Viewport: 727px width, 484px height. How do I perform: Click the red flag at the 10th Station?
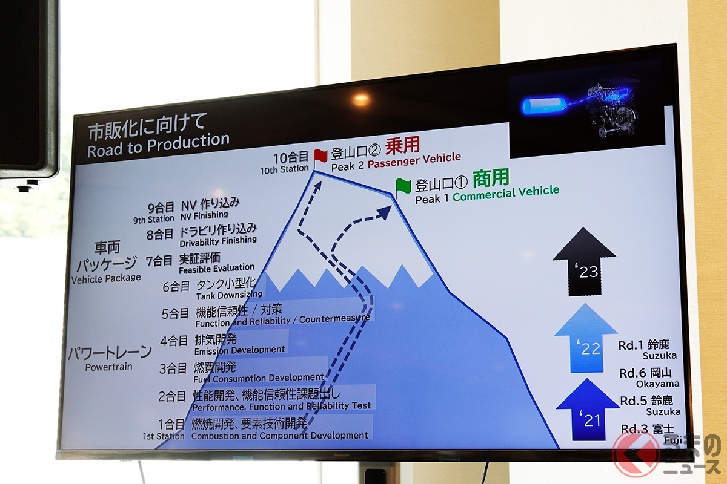pos(320,156)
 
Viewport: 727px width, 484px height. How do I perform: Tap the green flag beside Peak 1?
pos(403,186)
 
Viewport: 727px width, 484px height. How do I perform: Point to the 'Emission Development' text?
pos(239,350)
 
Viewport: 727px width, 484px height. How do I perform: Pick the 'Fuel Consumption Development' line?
pos(259,378)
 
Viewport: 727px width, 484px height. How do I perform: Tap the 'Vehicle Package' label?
pos(106,278)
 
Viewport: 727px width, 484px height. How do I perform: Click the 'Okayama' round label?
pos(657,384)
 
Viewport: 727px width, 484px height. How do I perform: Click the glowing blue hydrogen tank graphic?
pos(543,105)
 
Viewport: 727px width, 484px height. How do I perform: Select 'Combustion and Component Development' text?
pos(279,435)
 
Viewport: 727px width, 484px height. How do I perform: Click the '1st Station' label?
pos(164,436)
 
